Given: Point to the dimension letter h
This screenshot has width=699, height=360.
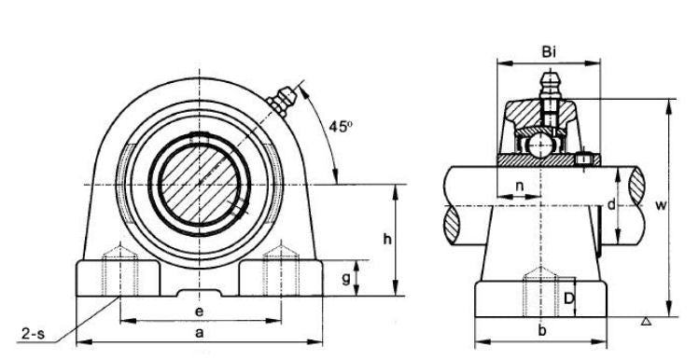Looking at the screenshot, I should tap(387, 240).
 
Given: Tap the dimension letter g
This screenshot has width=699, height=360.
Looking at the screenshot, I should tap(346, 279).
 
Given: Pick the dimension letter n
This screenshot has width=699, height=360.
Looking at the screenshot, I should tap(519, 186).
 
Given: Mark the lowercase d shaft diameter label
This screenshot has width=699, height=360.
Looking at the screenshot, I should tap(610, 204).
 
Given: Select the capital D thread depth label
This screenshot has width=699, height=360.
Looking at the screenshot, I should tap(568, 298).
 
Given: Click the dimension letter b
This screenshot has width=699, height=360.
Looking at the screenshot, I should tap(543, 331).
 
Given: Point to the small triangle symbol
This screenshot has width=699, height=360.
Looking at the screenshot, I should tap(646, 322).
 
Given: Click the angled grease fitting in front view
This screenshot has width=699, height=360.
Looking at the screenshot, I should tap(281, 96).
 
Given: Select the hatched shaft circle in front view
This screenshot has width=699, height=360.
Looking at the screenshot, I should tap(198, 181).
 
